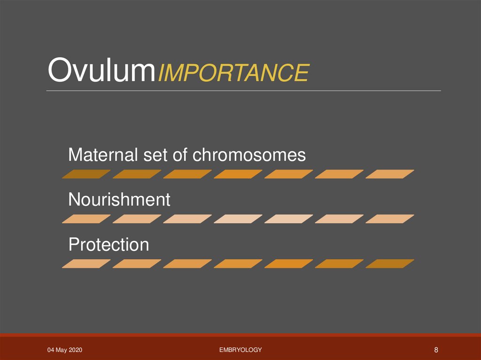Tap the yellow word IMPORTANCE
[233, 73]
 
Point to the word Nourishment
[119, 200]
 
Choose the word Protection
[109, 245]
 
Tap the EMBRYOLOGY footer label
[240, 350]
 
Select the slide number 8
[436, 350]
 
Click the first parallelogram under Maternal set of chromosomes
[86, 174]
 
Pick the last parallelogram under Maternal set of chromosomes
[389, 174]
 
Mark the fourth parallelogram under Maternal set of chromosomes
[238, 174]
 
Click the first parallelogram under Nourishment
[86, 219]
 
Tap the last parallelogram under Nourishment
[389, 219]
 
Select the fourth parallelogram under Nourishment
[238, 219]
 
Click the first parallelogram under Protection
[86, 264]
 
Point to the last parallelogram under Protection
[389, 264]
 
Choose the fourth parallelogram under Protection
[238, 264]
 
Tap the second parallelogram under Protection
[137, 264]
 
